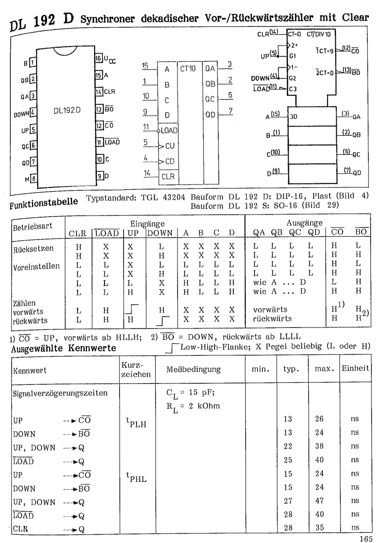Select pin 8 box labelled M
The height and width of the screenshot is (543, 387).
(32, 181)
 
